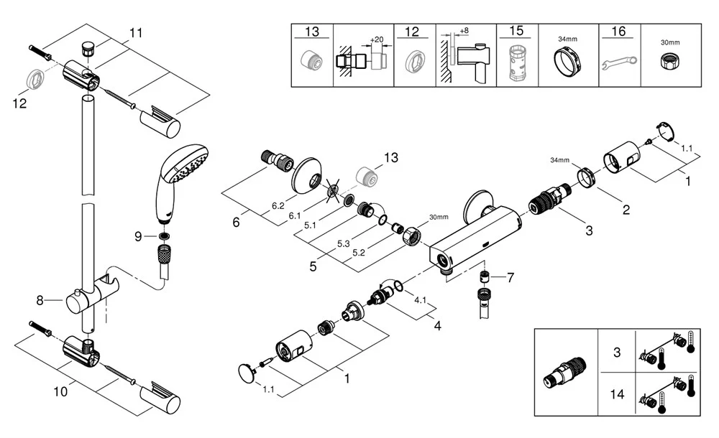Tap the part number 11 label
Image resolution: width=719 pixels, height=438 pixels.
(x=137, y=33)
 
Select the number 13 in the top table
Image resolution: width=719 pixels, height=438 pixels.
(x=312, y=32)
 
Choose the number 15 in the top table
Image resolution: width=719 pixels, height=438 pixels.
(x=517, y=32)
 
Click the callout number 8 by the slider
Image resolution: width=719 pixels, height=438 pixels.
(x=41, y=299)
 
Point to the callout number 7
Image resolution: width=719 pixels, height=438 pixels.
(x=511, y=276)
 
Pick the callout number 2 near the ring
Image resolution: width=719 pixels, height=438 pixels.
(x=626, y=210)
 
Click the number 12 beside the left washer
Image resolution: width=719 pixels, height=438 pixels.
(x=20, y=104)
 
